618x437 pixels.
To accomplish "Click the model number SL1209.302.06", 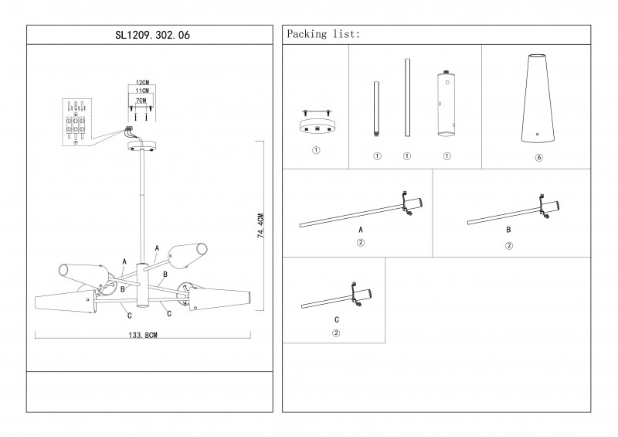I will (x=150, y=35).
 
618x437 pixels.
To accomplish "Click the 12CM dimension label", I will (x=141, y=82).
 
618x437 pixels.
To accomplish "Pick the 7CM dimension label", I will (x=141, y=101).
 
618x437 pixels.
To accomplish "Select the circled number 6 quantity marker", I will (x=538, y=157).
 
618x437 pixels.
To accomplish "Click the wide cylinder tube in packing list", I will (x=446, y=104).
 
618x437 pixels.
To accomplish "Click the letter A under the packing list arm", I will (x=360, y=230).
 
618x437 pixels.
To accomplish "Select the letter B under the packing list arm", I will (x=508, y=230).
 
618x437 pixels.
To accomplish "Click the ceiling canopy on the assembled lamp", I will (x=141, y=145).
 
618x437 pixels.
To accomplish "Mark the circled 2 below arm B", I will (x=508, y=246).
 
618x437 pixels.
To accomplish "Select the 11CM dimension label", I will (x=141, y=91).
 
